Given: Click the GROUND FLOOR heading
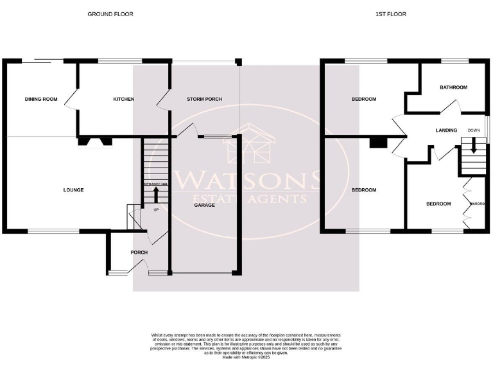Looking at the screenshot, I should pos(110,13).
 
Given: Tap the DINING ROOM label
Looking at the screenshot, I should pos(41,99).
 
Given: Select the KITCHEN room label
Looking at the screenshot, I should pos(123,99).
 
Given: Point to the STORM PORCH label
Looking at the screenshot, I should pos(204,99).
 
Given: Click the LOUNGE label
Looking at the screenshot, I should pos(73,189).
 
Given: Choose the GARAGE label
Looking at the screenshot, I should pos(205,205).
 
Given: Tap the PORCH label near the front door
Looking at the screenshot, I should pos(139,252).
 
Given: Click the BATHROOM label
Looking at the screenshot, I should pos(453,87).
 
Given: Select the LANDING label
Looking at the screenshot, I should pos(446,130).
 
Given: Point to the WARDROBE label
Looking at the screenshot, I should pos(476,204).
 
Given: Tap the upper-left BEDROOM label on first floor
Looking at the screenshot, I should pos(363,99).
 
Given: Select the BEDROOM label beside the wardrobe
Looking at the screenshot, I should pos(438,204).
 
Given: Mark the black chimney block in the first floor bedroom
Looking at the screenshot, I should pos(378,143).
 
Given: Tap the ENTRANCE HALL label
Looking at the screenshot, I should pos(155,184).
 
